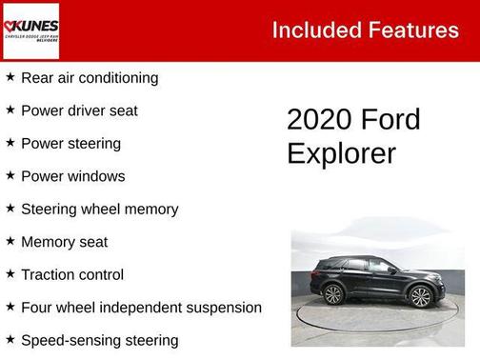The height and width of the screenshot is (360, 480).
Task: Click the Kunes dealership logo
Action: click(x=30, y=30)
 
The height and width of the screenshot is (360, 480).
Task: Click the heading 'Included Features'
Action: click(x=365, y=30)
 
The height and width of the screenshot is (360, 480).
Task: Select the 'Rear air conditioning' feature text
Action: click(x=90, y=78)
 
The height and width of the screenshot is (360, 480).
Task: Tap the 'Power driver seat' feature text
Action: click(x=79, y=110)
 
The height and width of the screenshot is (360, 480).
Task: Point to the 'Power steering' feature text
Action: click(x=70, y=144)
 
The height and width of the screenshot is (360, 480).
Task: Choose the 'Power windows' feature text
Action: click(x=72, y=176)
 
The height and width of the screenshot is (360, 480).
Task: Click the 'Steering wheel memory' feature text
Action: click(x=99, y=209)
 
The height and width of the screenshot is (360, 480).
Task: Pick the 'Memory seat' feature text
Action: click(x=64, y=242)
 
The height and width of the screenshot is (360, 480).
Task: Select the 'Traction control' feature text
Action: click(x=72, y=274)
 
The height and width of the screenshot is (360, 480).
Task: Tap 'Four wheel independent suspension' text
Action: click(x=141, y=308)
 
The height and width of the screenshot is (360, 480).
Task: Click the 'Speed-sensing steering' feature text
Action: click(x=99, y=340)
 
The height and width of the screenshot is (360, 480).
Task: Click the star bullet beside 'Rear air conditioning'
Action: click(x=10, y=77)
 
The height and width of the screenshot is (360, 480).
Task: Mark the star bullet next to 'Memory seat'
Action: click(x=10, y=241)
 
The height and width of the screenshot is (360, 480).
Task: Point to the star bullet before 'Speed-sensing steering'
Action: click(x=10, y=339)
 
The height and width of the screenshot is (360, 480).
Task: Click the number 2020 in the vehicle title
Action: click(x=318, y=121)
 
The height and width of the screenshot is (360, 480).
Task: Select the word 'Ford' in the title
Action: click(x=390, y=121)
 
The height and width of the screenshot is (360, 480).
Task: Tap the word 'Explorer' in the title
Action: click(x=341, y=153)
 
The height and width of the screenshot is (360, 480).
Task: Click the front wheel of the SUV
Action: click(x=420, y=296)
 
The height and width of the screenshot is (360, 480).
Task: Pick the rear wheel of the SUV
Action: click(x=333, y=294)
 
